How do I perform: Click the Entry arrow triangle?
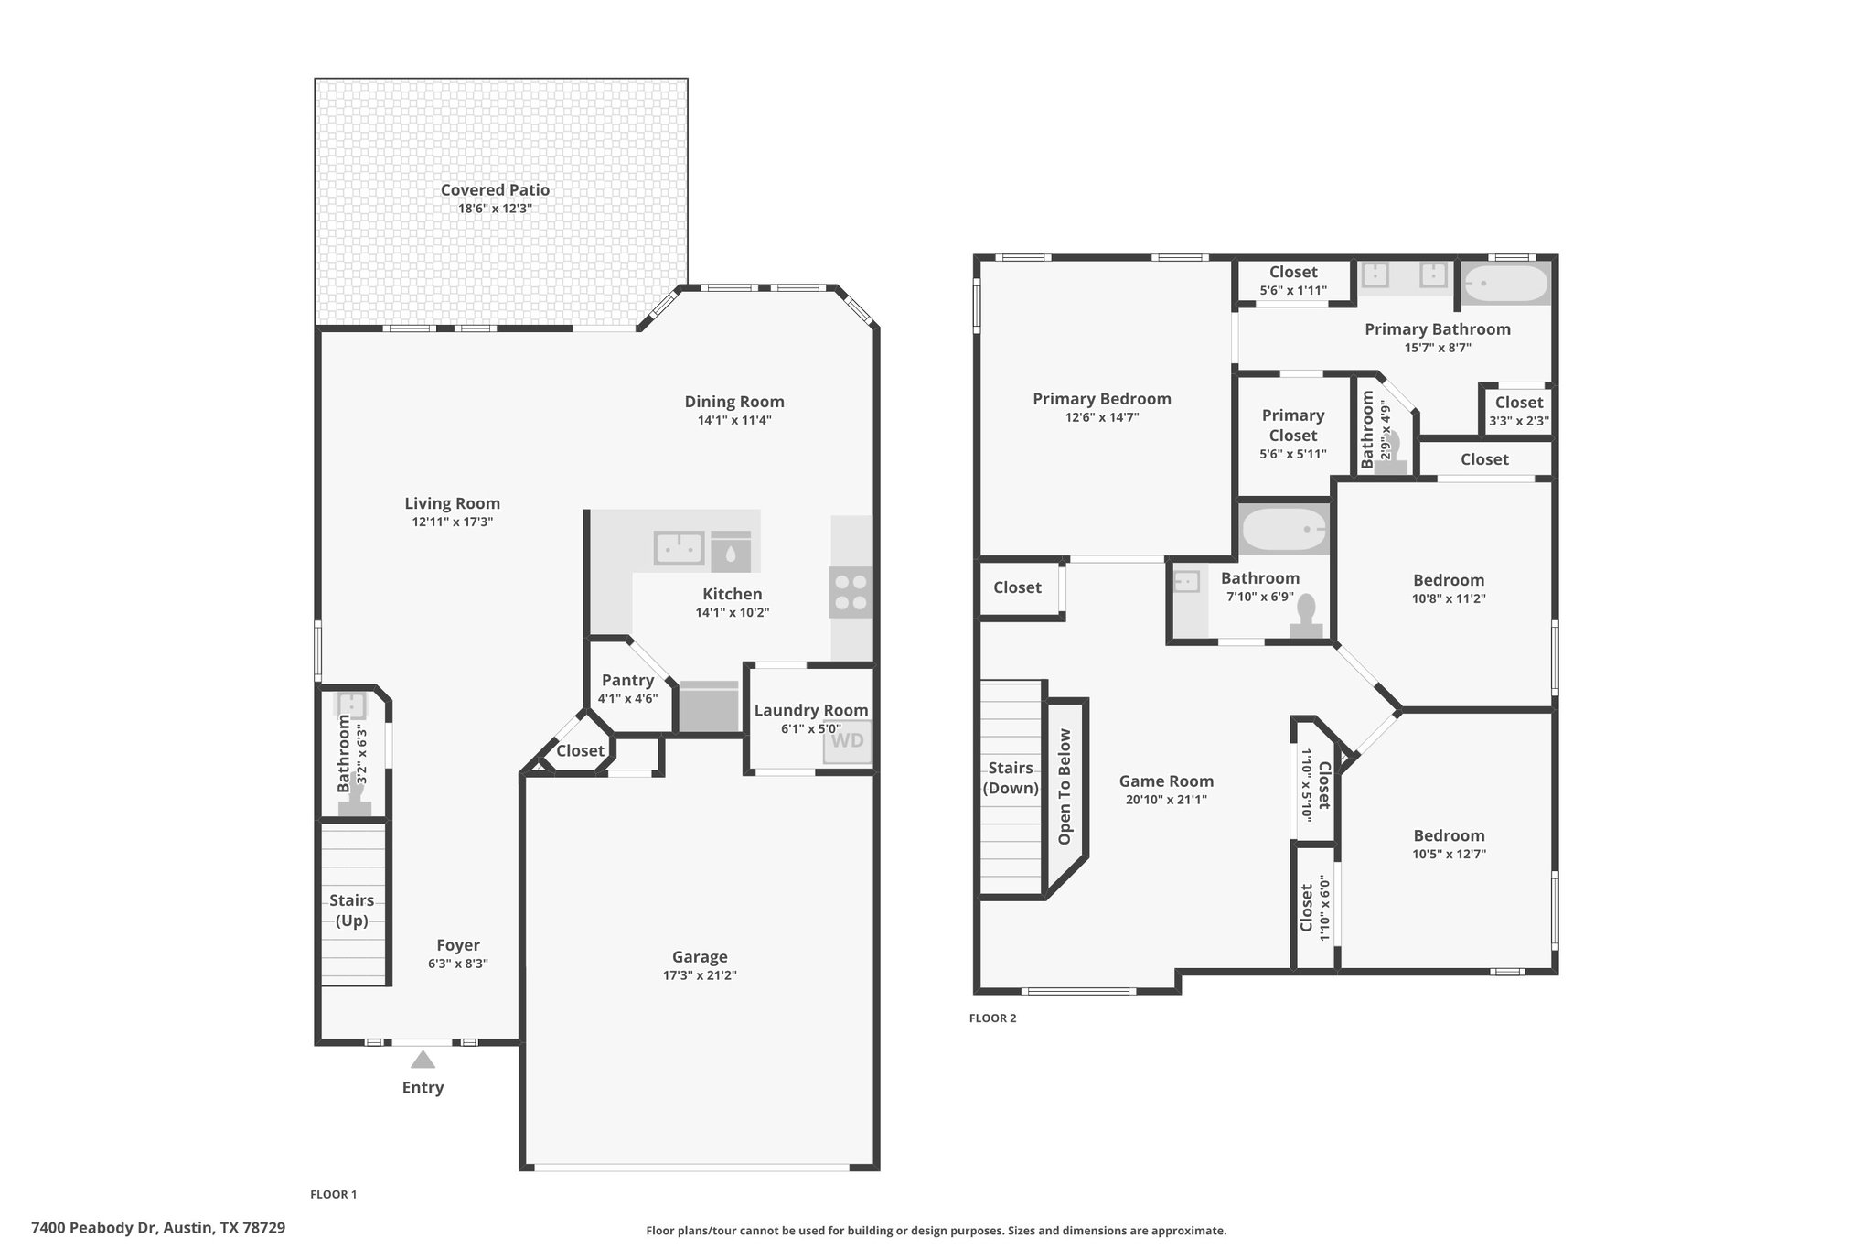423,1060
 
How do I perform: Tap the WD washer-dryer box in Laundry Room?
847,741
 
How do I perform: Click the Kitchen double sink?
679,548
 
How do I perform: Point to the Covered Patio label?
495,190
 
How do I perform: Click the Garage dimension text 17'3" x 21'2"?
700,975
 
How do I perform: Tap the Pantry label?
627,681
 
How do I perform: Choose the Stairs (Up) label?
352,910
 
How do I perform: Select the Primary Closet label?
1293,425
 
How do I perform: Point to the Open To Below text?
1065,787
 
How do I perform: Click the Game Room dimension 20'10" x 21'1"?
1166,800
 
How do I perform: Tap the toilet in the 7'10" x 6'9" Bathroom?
1306,617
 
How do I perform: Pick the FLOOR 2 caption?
992,1018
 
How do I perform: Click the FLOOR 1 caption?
333,1194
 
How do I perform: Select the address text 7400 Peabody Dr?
95,1227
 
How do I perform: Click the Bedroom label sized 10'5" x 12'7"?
1449,835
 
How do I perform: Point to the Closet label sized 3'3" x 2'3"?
1519,403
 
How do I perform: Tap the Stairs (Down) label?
1011,778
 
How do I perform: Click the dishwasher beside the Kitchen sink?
731,551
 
